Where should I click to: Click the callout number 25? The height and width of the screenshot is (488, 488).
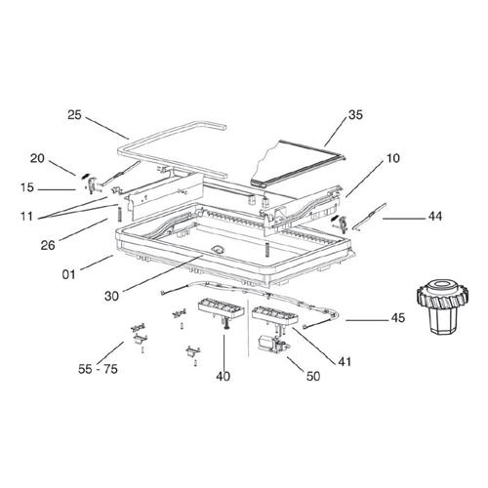[x=74, y=115]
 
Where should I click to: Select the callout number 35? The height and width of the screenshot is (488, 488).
[x=355, y=115]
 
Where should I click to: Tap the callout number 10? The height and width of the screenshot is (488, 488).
[x=392, y=158]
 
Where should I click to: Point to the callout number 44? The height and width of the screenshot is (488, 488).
[x=435, y=217]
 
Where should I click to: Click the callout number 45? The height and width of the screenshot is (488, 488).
[x=398, y=317]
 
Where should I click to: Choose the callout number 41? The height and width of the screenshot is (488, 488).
[x=345, y=361]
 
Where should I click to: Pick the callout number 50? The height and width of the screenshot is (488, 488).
[x=313, y=376]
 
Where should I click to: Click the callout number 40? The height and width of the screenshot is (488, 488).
[x=224, y=377]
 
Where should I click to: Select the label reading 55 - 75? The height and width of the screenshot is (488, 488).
[x=98, y=369]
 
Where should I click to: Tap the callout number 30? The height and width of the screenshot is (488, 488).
[x=111, y=296]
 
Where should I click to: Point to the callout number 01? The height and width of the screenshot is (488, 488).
[x=68, y=274]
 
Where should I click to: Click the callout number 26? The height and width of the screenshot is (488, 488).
[x=48, y=245]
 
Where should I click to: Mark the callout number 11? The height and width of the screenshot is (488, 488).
[x=26, y=217]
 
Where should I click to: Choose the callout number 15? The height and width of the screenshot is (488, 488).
[x=27, y=187]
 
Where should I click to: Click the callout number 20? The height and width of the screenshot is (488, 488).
[x=37, y=158]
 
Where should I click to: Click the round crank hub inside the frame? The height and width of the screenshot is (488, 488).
[x=217, y=250]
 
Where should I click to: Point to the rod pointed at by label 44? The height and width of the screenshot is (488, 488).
[x=369, y=218]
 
